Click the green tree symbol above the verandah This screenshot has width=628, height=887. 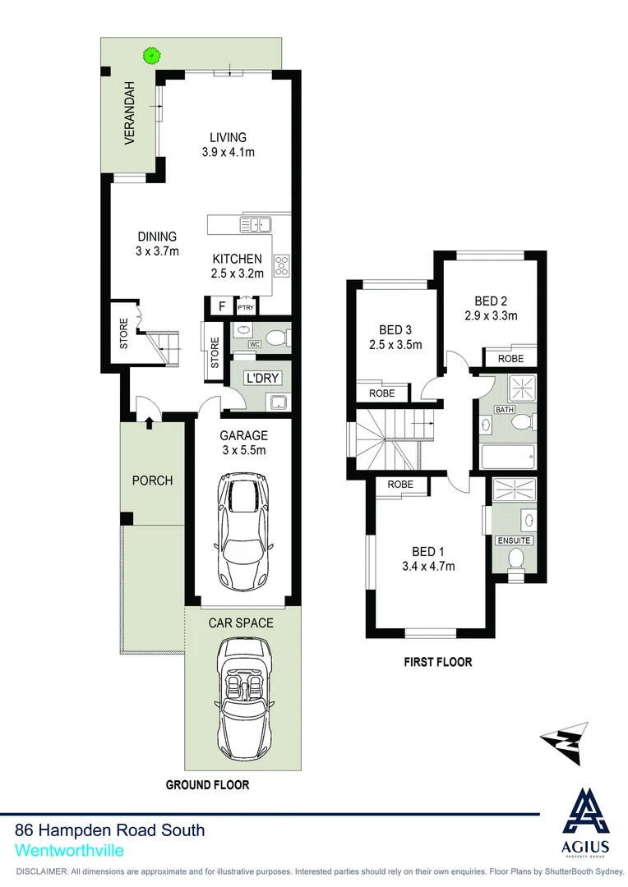[x=150, y=56]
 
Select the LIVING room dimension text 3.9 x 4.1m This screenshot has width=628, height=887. [x=228, y=152]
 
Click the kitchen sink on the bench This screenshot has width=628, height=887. [x=256, y=223]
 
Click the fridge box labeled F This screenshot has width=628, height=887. [x=220, y=307]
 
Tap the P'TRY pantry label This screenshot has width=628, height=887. [x=246, y=308]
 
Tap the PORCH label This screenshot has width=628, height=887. [x=152, y=480]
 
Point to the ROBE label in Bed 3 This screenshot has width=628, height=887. [x=381, y=393]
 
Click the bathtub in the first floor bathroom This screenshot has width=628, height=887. [x=507, y=456]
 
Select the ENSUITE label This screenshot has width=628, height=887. [x=514, y=540]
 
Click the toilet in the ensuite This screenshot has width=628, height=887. [x=516, y=560]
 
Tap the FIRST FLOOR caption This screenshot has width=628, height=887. [x=437, y=662]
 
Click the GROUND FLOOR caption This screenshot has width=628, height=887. [x=207, y=785]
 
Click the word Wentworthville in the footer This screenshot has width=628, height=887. [x=69, y=851]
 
